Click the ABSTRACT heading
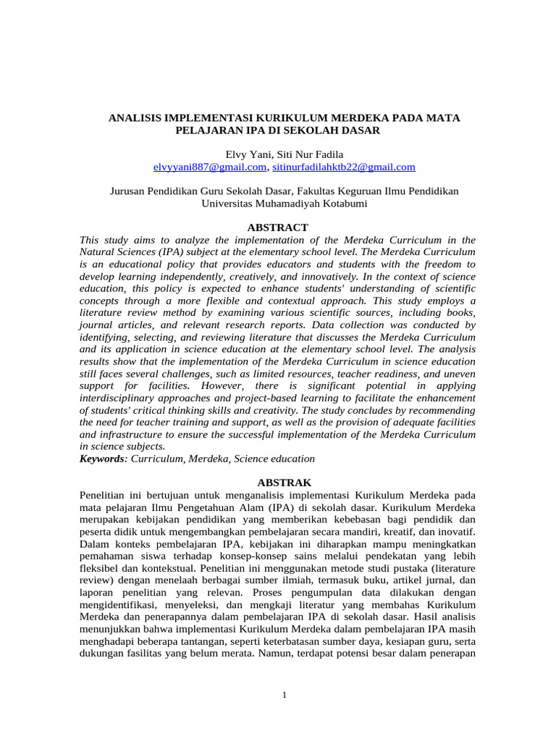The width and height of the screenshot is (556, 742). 278,227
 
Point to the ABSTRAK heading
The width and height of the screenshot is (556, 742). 278,482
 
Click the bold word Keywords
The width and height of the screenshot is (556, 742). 102,459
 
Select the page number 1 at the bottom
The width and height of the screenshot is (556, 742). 285,696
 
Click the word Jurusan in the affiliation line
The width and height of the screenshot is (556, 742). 126,191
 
